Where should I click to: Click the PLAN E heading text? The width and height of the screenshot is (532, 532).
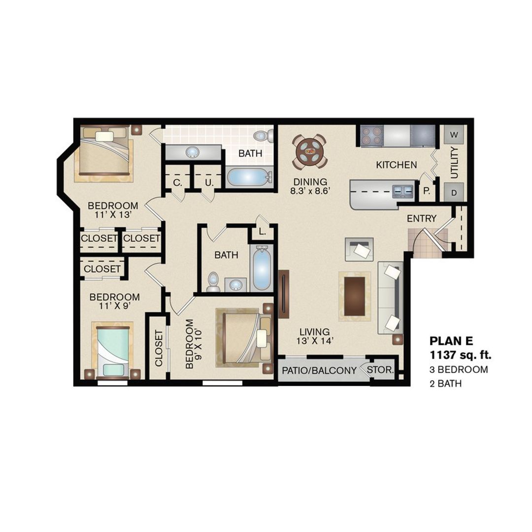(x=452, y=341)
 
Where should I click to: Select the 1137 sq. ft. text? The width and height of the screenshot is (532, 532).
(x=460, y=355)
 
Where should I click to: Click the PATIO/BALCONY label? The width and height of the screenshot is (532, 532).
(x=319, y=370)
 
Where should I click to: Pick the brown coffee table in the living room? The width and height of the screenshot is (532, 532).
(x=355, y=296)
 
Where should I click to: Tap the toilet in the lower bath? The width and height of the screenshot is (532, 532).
(x=213, y=281)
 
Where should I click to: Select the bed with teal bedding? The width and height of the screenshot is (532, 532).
(x=113, y=351)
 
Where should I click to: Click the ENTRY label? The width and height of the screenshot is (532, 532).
(x=421, y=218)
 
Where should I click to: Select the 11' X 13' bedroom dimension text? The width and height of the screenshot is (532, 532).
(x=113, y=215)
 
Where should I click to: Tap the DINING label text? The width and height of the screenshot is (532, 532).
(x=309, y=181)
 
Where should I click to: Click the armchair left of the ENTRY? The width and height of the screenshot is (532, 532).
(x=359, y=249)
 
